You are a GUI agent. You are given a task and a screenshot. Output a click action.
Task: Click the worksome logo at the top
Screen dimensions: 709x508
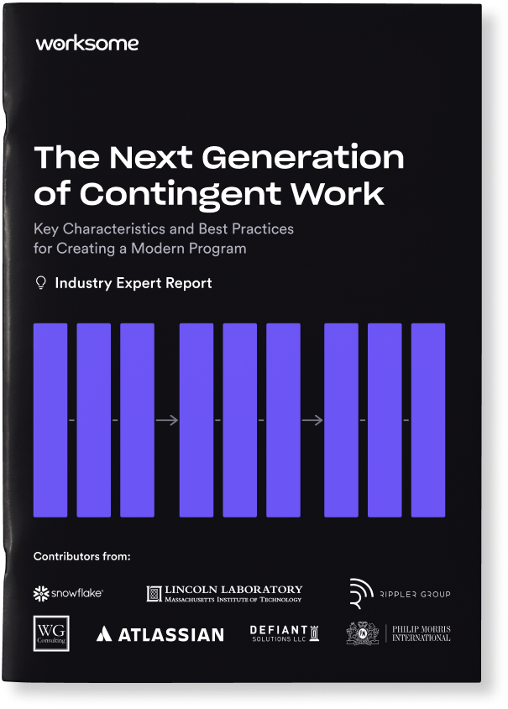(x=87, y=44)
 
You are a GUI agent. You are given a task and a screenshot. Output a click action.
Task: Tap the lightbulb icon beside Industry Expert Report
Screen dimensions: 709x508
(x=39, y=283)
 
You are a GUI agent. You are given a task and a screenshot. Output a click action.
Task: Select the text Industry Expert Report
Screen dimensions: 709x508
(x=133, y=283)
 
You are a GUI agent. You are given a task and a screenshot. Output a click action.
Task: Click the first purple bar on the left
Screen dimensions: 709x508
(x=50, y=419)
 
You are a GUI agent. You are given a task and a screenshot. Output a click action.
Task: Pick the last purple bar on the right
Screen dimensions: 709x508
(x=428, y=419)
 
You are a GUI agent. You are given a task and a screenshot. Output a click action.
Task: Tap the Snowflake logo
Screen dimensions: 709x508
(x=68, y=594)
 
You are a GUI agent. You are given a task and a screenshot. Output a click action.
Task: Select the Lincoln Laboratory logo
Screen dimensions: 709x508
(x=224, y=594)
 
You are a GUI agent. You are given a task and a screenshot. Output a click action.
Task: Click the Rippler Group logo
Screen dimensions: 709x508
(x=401, y=593)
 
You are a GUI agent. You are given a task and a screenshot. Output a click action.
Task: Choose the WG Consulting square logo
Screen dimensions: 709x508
(x=50, y=633)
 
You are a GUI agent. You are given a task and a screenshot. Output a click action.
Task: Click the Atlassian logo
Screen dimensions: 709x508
(x=160, y=634)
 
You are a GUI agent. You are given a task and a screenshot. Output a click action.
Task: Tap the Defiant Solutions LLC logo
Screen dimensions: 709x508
(x=284, y=633)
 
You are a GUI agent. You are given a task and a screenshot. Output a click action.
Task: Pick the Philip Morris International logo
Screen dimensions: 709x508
(x=399, y=633)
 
